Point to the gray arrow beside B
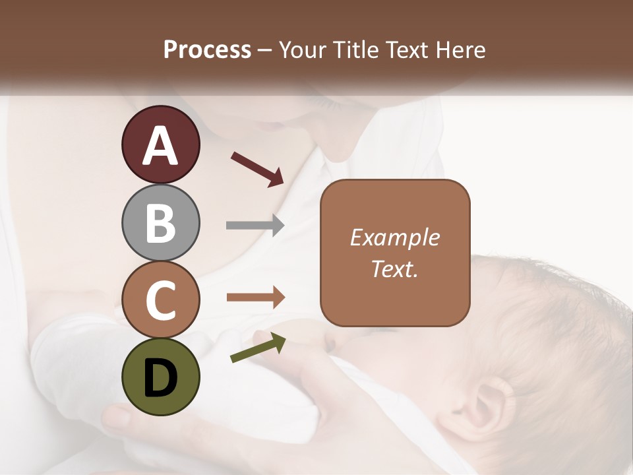[x=255, y=226]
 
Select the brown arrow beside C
[x=256, y=298]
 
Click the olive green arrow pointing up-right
[x=258, y=348]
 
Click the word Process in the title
[x=207, y=49]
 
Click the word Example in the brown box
[x=394, y=237]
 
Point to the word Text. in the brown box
[x=394, y=269]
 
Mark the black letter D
[x=160, y=378]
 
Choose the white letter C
[x=160, y=301]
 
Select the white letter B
[x=160, y=224]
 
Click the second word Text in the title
[x=408, y=49]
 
